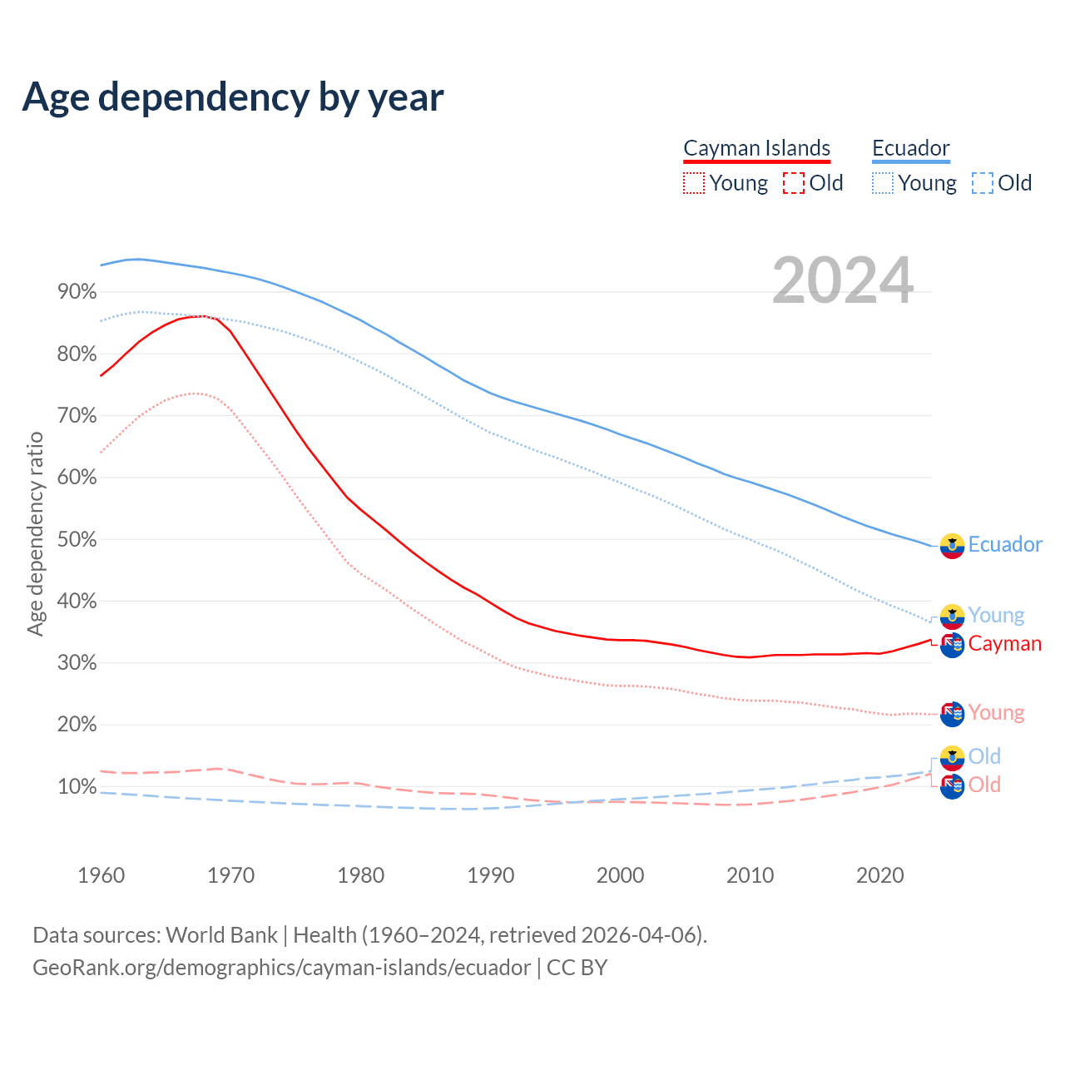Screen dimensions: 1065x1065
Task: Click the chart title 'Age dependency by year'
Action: click(x=233, y=97)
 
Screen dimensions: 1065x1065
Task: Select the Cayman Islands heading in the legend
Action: click(x=756, y=148)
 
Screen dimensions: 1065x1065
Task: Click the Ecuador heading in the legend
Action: click(x=910, y=148)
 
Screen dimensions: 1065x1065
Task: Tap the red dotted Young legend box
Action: click(x=694, y=183)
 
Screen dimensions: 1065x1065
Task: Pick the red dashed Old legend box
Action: click(x=794, y=183)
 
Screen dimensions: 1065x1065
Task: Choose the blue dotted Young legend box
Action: click(x=883, y=183)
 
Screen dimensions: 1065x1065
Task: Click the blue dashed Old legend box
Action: click(x=983, y=183)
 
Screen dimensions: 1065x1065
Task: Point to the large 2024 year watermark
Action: click(x=843, y=280)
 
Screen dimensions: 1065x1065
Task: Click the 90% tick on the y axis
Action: click(x=77, y=292)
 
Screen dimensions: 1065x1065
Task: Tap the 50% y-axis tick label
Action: click(x=77, y=539)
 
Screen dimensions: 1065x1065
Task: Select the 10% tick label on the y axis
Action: click(x=77, y=786)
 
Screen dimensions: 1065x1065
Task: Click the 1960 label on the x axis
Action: click(x=101, y=875)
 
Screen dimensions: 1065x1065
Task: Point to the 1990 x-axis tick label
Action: click(x=490, y=875)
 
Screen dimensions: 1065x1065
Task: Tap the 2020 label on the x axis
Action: click(x=879, y=875)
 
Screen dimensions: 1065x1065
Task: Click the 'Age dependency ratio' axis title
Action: click(x=35, y=533)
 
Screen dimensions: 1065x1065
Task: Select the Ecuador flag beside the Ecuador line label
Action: click(x=952, y=546)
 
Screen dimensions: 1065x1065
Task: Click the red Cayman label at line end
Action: click(x=1004, y=644)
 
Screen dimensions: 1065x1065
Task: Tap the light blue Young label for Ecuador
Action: click(x=996, y=616)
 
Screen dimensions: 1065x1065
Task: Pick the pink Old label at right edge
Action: click(x=984, y=785)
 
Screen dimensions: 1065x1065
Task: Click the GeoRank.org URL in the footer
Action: click(x=281, y=968)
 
